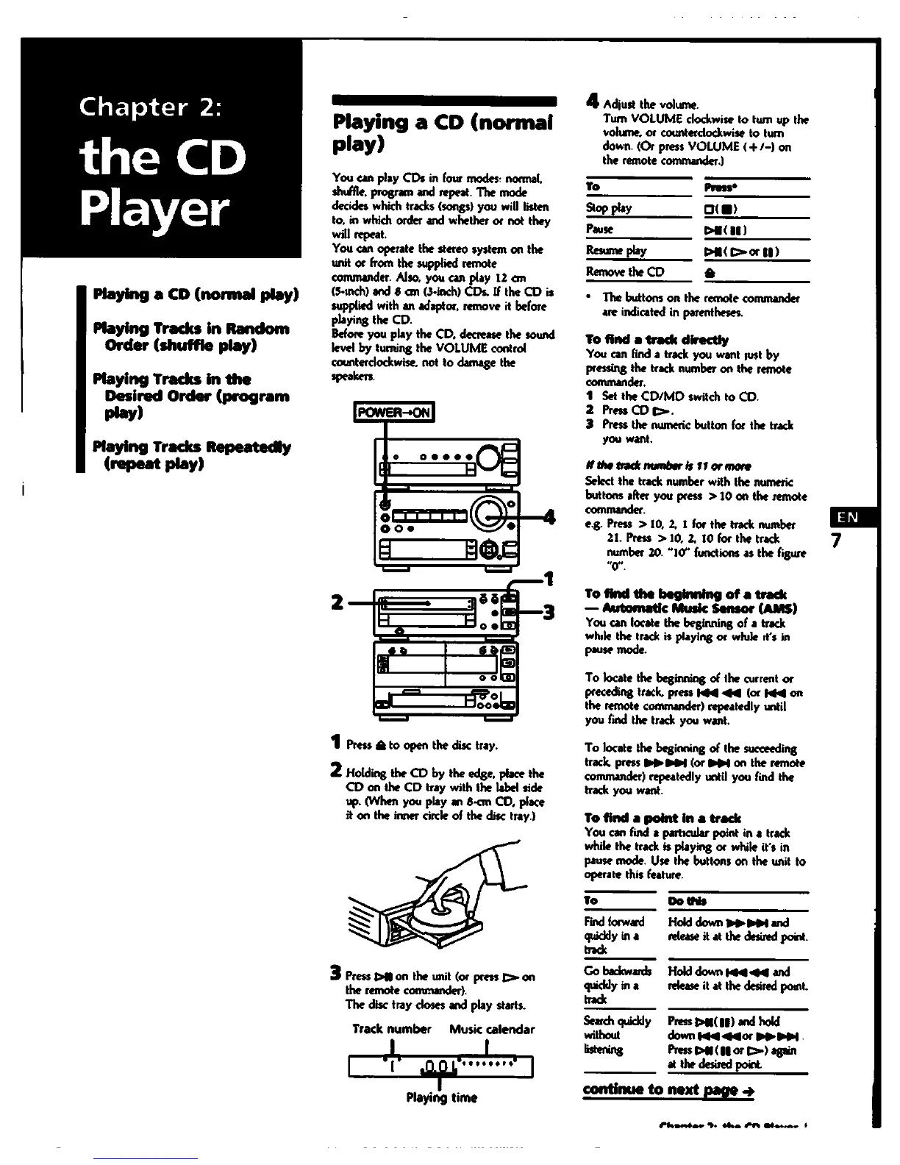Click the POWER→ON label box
(395, 413)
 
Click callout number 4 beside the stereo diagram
(548, 516)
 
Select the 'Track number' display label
(391, 1029)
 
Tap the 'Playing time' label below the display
(441, 1098)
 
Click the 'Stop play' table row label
(609, 208)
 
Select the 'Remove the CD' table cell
(625, 271)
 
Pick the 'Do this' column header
(687, 901)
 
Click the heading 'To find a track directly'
(657, 340)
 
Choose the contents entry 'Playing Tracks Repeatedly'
(191, 447)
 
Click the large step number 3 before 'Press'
(335, 976)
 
